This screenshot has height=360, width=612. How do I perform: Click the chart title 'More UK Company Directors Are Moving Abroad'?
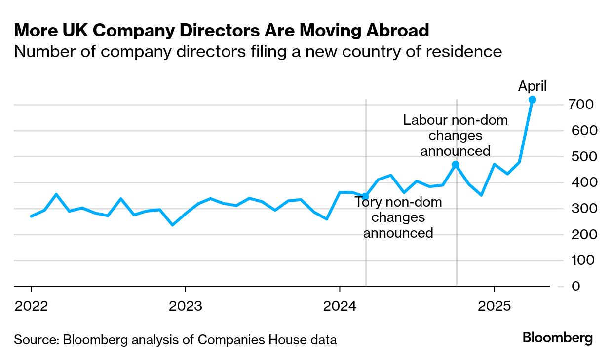coord(222,31)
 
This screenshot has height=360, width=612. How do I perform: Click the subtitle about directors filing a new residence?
coord(258,51)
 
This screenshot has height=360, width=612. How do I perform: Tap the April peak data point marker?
coord(532,100)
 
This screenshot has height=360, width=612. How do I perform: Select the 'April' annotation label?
coord(532,86)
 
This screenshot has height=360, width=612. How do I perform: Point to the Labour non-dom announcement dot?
coord(456,165)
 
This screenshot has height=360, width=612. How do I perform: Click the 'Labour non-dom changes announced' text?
coord(455,135)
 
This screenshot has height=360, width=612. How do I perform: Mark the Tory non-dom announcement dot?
coord(365,196)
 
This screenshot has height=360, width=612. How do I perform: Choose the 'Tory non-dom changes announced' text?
coord(398,217)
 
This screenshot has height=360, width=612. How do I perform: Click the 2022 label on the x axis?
coord(31,306)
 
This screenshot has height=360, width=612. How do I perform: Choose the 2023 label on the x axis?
coord(185,306)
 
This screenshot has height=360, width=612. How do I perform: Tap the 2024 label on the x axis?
coord(340,306)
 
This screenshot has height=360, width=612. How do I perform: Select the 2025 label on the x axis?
coord(494,306)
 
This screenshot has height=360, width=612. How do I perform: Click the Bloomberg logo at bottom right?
coord(557,338)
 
